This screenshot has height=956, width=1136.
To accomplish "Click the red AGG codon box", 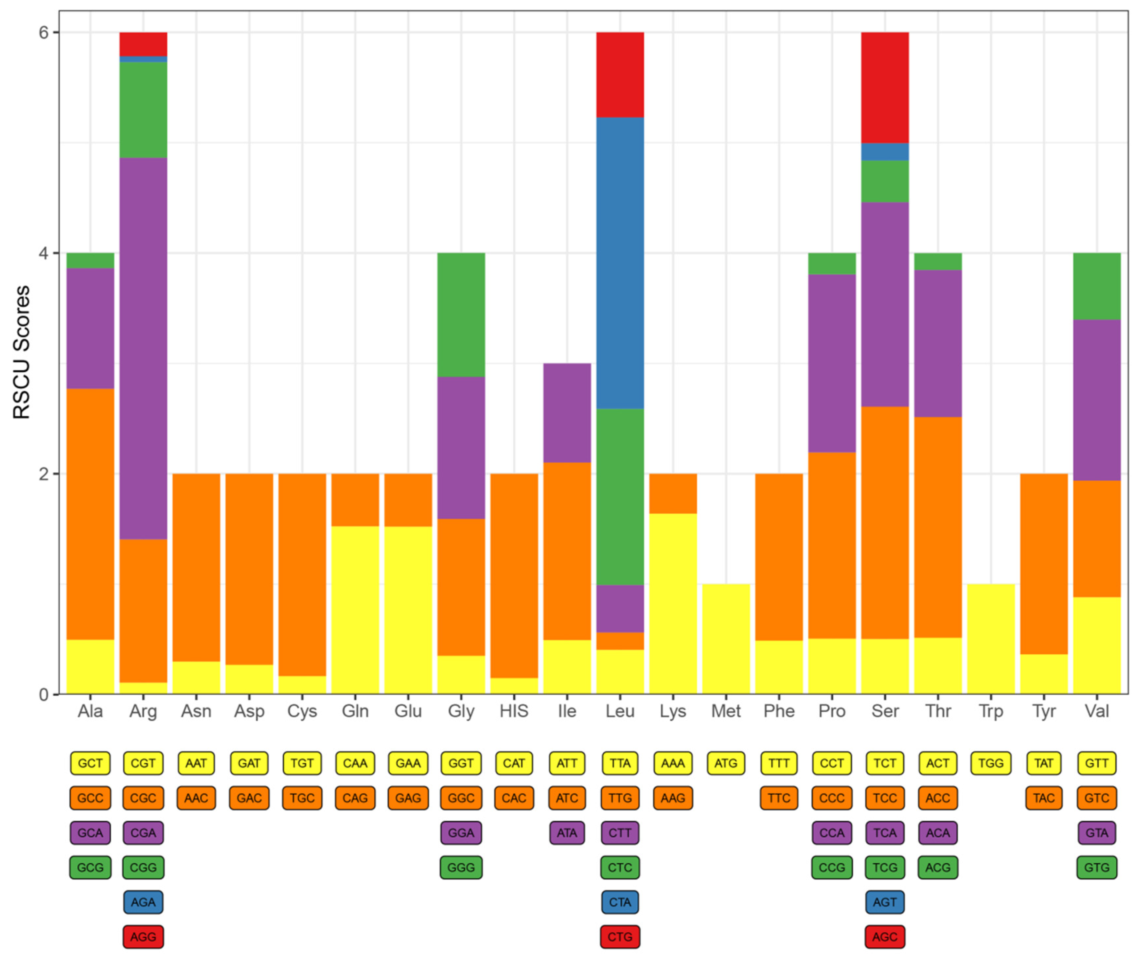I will (x=143, y=937).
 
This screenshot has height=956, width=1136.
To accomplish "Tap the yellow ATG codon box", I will (x=726, y=763).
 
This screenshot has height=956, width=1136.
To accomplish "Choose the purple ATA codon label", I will (x=567, y=832).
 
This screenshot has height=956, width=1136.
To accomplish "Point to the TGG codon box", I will (x=991, y=763).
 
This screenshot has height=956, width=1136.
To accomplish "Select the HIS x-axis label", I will (x=514, y=711).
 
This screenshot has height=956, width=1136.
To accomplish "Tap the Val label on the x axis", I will (x=1097, y=711).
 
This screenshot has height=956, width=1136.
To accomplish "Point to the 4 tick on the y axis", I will (x=43, y=253).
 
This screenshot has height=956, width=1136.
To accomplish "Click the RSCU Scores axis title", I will (x=22, y=352).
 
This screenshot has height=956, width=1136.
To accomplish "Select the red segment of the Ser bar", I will (x=885, y=87).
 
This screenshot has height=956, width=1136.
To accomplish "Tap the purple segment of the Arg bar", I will (x=143, y=347).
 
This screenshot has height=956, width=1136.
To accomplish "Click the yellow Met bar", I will (x=726, y=640).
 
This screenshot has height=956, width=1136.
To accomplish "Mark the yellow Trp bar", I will (x=991, y=640).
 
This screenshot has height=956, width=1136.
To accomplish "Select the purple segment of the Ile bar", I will (x=567, y=412).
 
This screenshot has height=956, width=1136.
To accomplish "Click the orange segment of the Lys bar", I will (x=673, y=493).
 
